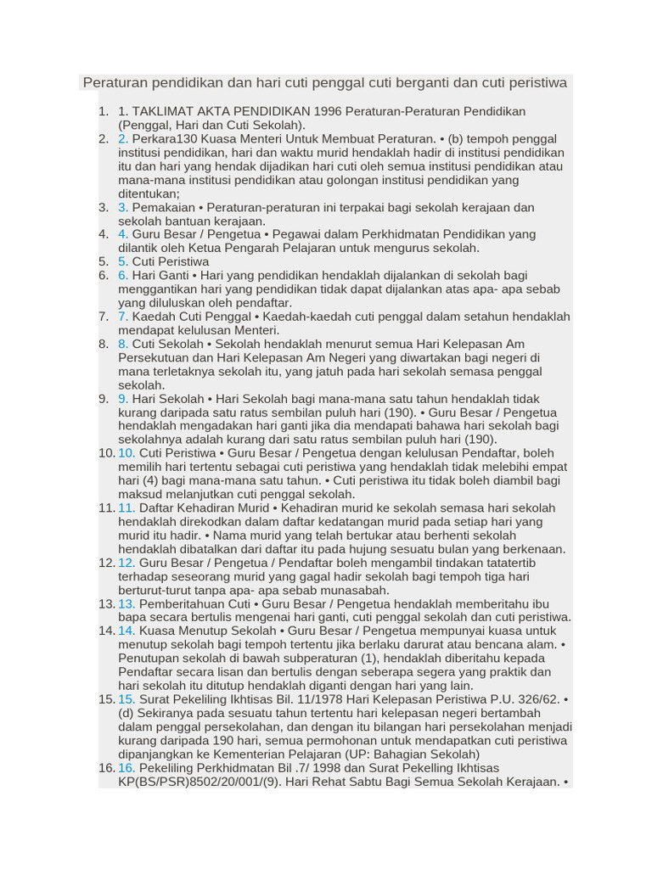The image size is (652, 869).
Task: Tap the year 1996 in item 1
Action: (329, 111)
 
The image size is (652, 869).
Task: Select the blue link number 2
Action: (123, 138)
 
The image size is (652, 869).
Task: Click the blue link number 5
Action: (123, 261)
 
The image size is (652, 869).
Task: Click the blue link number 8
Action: (123, 344)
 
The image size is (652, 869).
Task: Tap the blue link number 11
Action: (126, 507)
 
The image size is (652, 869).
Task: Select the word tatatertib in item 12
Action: (505, 563)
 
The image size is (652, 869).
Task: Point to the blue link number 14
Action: (126, 631)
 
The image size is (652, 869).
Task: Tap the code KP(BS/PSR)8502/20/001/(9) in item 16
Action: (194, 782)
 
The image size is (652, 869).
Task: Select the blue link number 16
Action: (126, 768)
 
